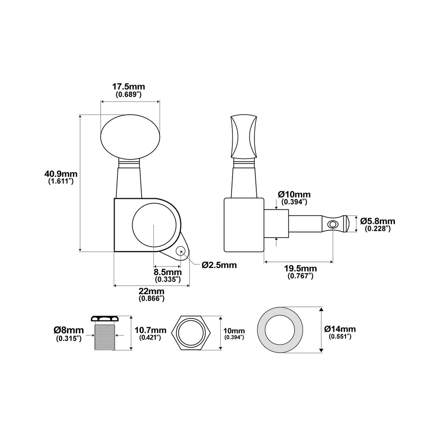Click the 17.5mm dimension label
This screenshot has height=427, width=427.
pos(129,87)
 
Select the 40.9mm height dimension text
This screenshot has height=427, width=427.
pos(61,174)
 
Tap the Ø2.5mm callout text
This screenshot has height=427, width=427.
pos(219,265)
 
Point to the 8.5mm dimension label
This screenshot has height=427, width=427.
pos(168,272)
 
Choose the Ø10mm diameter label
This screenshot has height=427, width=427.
pos(294,195)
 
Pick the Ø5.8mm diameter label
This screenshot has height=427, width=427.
pos(378,221)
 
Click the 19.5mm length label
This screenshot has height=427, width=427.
pos(301,268)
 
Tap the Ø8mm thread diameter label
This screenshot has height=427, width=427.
pos(69,330)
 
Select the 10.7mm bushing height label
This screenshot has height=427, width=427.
pos(150,330)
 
